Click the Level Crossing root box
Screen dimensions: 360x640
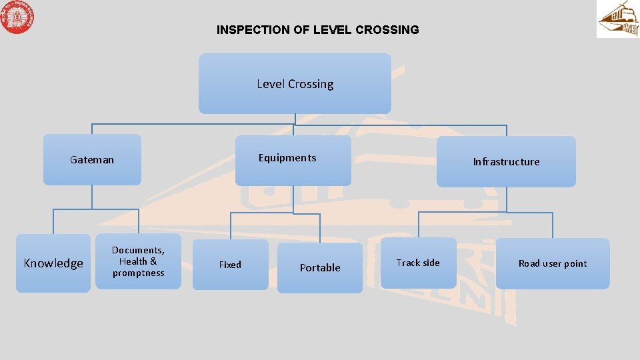pyautogui.click(x=295, y=84)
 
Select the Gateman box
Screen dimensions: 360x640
pyautogui.click(x=92, y=160)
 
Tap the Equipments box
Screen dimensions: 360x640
pyautogui.click(x=293, y=160)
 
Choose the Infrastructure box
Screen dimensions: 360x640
pyautogui.click(x=506, y=161)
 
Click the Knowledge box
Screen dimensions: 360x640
pyautogui.click(x=53, y=263)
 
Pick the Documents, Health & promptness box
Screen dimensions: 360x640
pyautogui.click(x=138, y=261)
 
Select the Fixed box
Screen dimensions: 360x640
pyautogui.click(x=230, y=265)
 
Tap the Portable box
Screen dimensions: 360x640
pyautogui.click(x=320, y=268)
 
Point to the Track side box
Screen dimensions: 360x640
pyautogui.click(x=418, y=263)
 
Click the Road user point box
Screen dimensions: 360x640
pyautogui.click(x=553, y=263)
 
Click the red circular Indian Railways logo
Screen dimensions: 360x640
pyautogui.click(x=17, y=17)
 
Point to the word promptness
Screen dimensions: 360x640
pyautogui.click(x=138, y=273)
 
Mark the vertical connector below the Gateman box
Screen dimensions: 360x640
pyautogui.click(x=93, y=197)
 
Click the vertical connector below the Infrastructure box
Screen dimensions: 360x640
pyautogui.click(x=507, y=199)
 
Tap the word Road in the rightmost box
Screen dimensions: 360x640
pyautogui.click(x=529, y=263)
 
